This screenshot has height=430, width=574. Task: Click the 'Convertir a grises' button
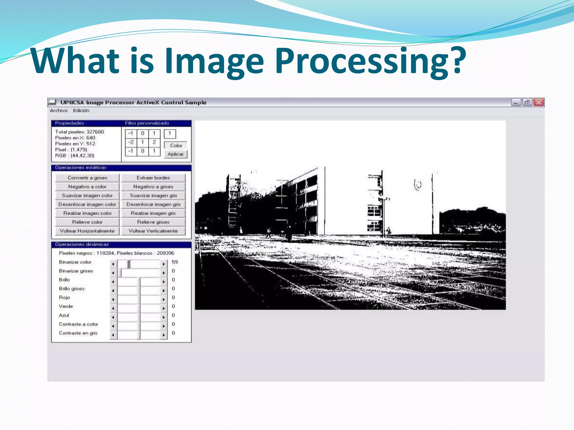pyautogui.click(x=87, y=178)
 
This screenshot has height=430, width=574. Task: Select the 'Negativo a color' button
pyautogui.click(x=87, y=187)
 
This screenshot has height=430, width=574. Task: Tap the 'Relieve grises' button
pyautogui.click(x=153, y=222)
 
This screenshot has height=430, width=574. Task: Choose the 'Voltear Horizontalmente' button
pyautogui.click(x=87, y=231)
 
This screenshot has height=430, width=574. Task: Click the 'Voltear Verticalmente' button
pyautogui.click(x=153, y=231)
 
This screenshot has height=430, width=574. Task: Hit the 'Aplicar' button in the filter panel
pyautogui.click(x=175, y=154)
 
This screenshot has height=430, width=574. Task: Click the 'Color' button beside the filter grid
pyautogui.click(x=176, y=146)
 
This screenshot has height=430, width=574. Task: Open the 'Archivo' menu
pyautogui.click(x=59, y=111)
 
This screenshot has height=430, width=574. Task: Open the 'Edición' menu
pyautogui.click(x=81, y=111)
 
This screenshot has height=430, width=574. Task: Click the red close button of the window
pyautogui.click(x=539, y=102)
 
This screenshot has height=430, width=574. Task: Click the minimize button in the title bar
pyautogui.click(x=516, y=102)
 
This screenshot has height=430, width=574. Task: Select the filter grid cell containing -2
pyautogui.click(x=131, y=142)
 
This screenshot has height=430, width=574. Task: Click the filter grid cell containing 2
pyautogui.click(x=154, y=142)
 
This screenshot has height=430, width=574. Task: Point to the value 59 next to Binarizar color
pyautogui.click(x=175, y=262)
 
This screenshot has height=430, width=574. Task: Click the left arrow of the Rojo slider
pyautogui.click(x=113, y=299)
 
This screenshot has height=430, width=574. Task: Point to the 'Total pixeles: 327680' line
pyautogui.click(x=80, y=132)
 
